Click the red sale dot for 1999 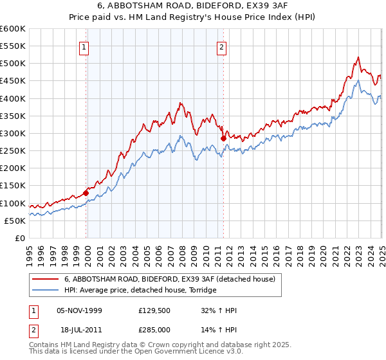coord(86,192)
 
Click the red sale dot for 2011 coord(223,138)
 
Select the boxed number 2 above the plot coord(222,46)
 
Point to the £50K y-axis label coord(15,221)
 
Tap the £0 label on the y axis coord(19,238)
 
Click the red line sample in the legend coord(46,279)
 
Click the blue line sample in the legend coord(46,290)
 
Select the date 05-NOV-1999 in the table coord(79,310)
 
